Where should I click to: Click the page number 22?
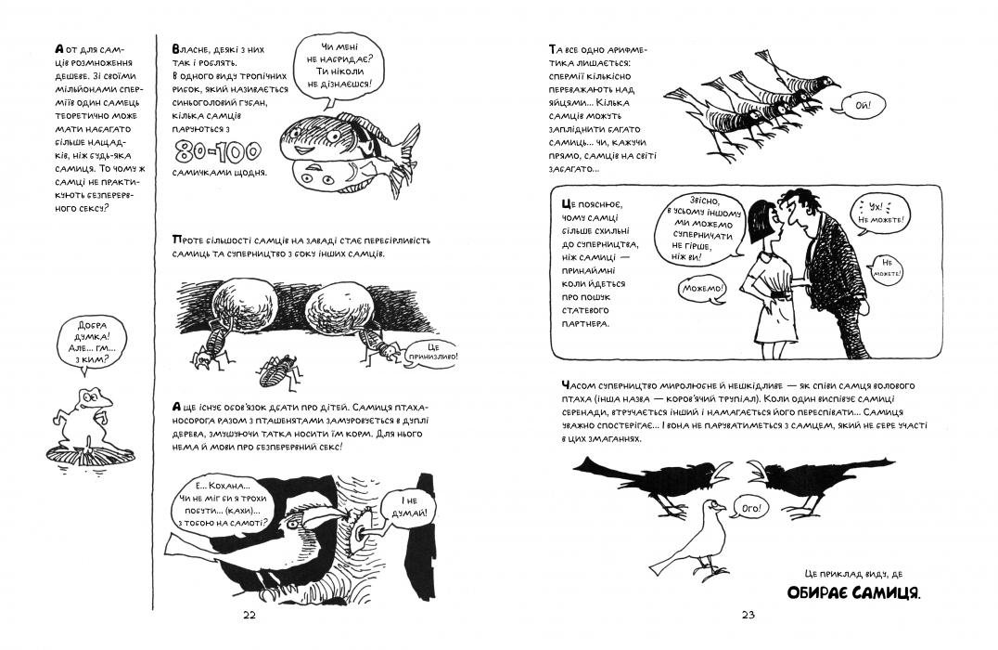pyautogui.click(x=248, y=616)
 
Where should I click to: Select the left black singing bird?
pyautogui.click(x=640, y=477)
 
